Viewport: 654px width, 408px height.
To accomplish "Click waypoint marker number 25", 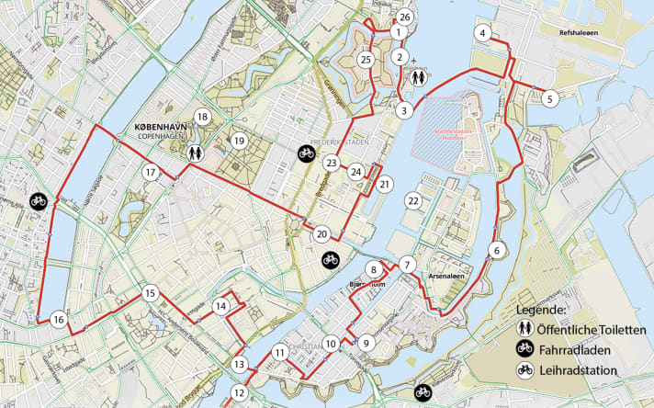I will (366, 60).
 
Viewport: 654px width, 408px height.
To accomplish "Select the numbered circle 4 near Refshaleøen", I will (481, 33).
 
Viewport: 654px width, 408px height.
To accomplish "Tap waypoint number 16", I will (59, 320).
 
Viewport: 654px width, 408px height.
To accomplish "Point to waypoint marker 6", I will (497, 250).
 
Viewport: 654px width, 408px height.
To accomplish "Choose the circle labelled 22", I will (414, 200).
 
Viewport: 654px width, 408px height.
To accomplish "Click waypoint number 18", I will (202, 117).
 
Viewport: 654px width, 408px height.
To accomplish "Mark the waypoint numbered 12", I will (240, 392).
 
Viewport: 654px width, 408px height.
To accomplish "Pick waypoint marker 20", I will (321, 233).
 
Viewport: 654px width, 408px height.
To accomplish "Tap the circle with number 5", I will (549, 98).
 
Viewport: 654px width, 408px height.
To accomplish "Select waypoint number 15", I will (151, 293).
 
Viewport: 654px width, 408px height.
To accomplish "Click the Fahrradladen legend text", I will (587, 350).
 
